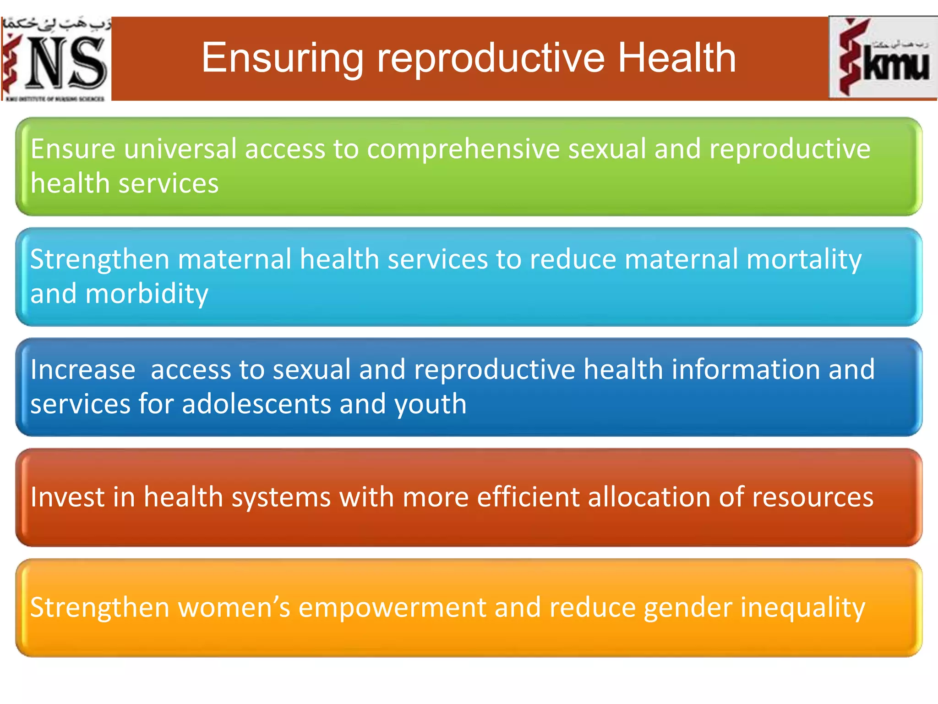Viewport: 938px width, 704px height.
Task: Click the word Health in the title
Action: pos(676,58)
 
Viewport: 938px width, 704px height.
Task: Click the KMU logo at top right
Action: pos(883,58)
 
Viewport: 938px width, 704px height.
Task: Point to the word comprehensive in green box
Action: pos(463,149)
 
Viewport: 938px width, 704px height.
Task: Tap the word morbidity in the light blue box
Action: pos(147,294)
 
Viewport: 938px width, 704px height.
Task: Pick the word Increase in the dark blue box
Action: pos(83,369)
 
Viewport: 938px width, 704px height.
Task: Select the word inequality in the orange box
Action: pos(802,608)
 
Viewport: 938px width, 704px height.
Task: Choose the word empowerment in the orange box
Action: pos(392,608)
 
